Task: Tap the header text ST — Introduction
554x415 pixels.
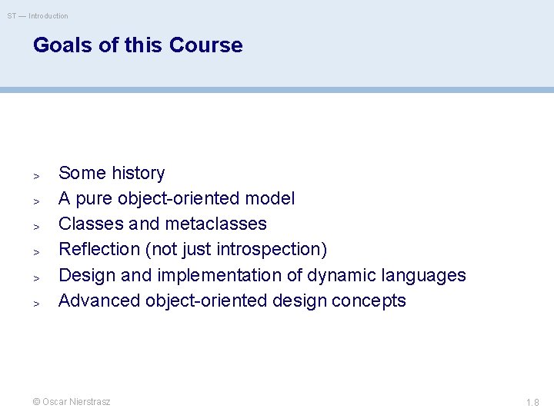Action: [x=38, y=16]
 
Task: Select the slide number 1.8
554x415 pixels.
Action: [x=532, y=402]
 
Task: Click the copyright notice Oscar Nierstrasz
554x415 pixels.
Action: [x=72, y=402]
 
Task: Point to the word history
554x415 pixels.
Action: [x=138, y=173]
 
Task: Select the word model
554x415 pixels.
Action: [x=269, y=198]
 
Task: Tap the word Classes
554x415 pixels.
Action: [x=86, y=224]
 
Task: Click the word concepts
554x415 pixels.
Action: [x=371, y=300]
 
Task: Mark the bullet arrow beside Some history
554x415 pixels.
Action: [x=36, y=175]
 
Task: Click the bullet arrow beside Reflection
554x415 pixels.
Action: [x=36, y=251]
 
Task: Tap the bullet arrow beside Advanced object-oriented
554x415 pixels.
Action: [x=36, y=303]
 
